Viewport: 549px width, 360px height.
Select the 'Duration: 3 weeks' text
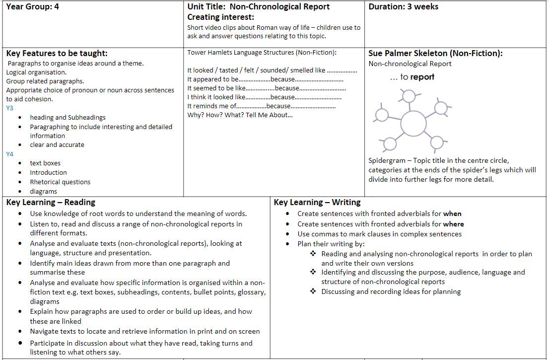click(403, 7)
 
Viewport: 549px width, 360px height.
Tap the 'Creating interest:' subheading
click(220, 17)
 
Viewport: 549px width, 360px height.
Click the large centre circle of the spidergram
click(413, 123)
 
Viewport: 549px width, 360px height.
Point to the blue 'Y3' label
click(10, 108)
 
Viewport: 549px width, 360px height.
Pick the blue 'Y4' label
click(10, 154)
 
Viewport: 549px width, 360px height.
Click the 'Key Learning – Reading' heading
click(51, 202)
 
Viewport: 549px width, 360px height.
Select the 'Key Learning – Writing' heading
click(317, 202)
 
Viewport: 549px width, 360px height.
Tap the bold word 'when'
click(452, 214)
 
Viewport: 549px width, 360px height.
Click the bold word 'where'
click(454, 224)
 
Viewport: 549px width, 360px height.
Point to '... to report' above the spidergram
click(412, 77)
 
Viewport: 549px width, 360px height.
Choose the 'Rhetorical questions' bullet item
click(60, 182)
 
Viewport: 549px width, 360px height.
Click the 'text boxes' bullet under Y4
click(45, 163)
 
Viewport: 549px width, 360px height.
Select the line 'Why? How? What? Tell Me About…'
click(240, 115)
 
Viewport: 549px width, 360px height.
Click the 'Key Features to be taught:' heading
click(57, 54)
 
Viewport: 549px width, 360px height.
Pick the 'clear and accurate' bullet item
click(57, 144)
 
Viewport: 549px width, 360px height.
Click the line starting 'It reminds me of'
click(261, 106)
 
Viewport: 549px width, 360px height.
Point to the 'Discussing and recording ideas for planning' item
click(391, 291)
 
